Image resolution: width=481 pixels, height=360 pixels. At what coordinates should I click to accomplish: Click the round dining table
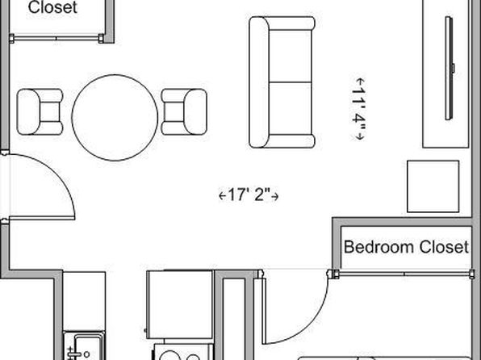[x=115, y=118]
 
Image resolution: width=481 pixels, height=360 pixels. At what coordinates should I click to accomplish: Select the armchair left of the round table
[x=40, y=111]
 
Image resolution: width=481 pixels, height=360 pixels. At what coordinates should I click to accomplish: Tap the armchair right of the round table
[x=184, y=111]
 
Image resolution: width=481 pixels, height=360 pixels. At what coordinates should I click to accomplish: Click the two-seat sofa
[x=282, y=82]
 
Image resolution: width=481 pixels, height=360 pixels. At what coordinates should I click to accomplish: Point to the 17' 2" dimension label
[x=249, y=195]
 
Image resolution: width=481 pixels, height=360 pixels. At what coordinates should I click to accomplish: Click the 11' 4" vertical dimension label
[x=359, y=109]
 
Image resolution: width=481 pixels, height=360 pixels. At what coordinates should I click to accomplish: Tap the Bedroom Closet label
[x=407, y=247]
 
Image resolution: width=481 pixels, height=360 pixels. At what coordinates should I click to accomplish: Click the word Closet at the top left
[x=52, y=7]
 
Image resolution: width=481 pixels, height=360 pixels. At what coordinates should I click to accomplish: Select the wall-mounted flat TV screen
[x=450, y=68]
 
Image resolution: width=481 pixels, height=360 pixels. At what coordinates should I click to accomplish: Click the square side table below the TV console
[x=433, y=186]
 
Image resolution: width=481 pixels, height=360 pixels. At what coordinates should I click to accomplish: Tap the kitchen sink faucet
[x=73, y=353]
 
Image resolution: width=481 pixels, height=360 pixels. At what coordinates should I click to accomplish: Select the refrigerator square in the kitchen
[x=179, y=304]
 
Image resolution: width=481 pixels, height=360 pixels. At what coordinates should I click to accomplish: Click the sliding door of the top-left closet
[x=56, y=39]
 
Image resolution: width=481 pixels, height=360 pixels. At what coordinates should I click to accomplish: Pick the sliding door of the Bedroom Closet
[x=404, y=273]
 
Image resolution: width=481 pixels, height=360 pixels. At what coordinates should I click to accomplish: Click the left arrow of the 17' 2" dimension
[x=223, y=195]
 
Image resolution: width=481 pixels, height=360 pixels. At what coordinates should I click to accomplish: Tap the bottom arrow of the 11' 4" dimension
[x=359, y=136]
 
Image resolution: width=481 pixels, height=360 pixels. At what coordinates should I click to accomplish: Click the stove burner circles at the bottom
[x=181, y=357]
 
